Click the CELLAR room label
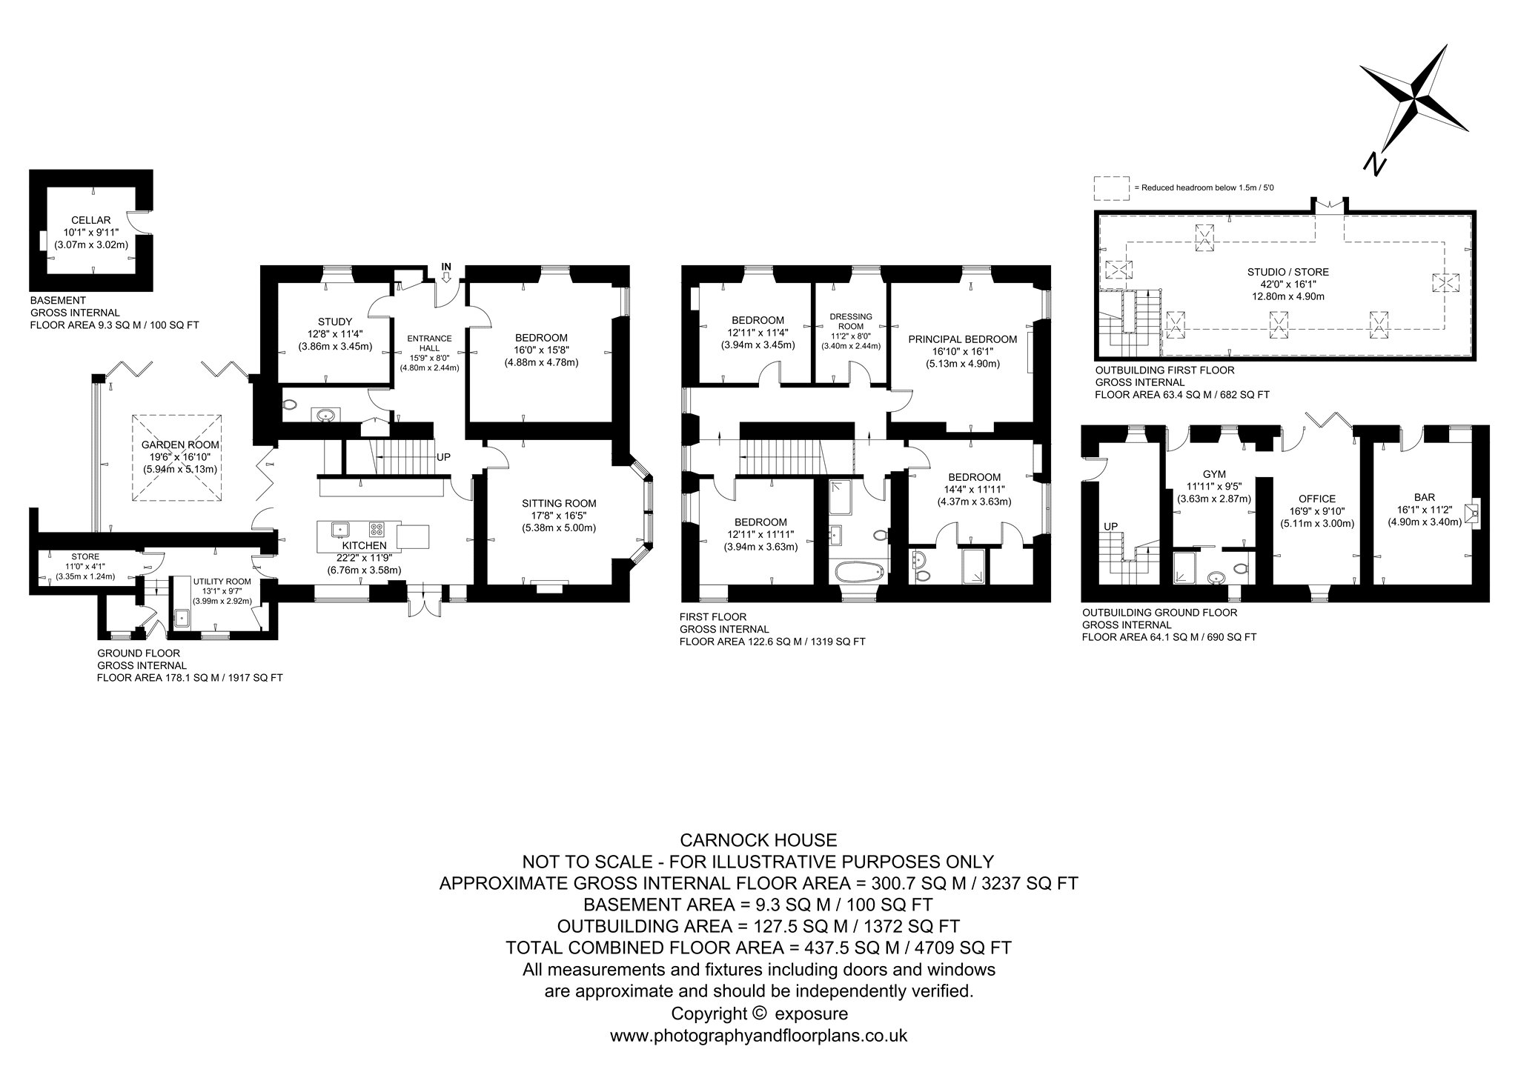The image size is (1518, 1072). [x=90, y=220]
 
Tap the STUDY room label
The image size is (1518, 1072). [x=335, y=322]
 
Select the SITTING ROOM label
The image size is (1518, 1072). [x=559, y=504]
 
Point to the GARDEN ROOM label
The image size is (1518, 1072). [x=180, y=445]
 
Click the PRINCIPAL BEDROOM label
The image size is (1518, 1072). [x=963, y=339]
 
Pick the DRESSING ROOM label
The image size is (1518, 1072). [x=851, y=321]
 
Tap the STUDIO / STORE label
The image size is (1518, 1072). [x=1288, y=272]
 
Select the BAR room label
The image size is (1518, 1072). [x=1425, y=498]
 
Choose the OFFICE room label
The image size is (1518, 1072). [x=1316, y=499]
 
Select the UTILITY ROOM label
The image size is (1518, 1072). [x=222, y=582]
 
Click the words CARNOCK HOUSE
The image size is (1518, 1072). [x=758, y=840]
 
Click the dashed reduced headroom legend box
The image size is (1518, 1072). [x=1112, y=188]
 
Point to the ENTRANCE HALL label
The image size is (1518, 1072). [x=429, y=343]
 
